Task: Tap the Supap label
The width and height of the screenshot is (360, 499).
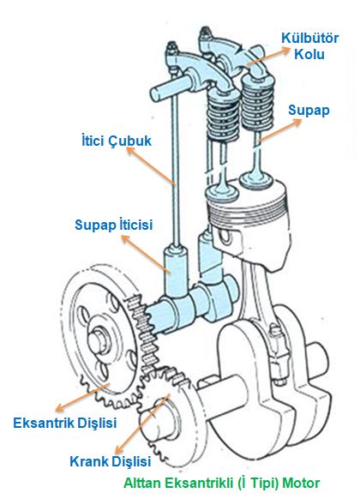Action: pyautogui.click(x=309, y=111)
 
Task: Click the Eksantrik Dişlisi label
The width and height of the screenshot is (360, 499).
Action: pyautogui.click(x=65, y=423)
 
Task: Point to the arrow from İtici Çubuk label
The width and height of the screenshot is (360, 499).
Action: pyautogui.click(x=151, y=168)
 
